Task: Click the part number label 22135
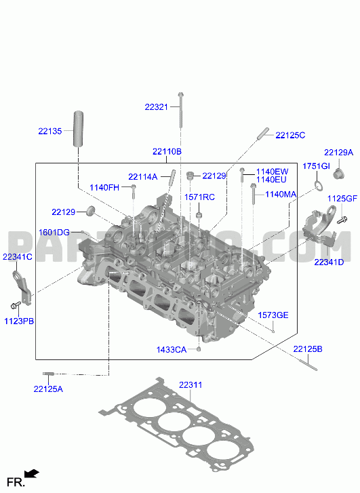(50, 131)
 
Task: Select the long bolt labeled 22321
(180, 110)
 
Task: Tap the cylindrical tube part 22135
(78, 129)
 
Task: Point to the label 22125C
(290, 135)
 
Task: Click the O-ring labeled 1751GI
(319, 186)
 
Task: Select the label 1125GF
(342, 199)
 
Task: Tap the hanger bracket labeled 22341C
(22, 288)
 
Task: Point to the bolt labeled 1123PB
(16, 305)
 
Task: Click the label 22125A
(48, 389)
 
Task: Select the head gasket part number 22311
(191, 385)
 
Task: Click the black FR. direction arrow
(32, 473)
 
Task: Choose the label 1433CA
(172, 350)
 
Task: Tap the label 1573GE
(273, 315)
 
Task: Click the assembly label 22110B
(167, 151)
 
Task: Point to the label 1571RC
(199, 197)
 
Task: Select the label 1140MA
(281, 195)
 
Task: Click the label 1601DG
(54, 233)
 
